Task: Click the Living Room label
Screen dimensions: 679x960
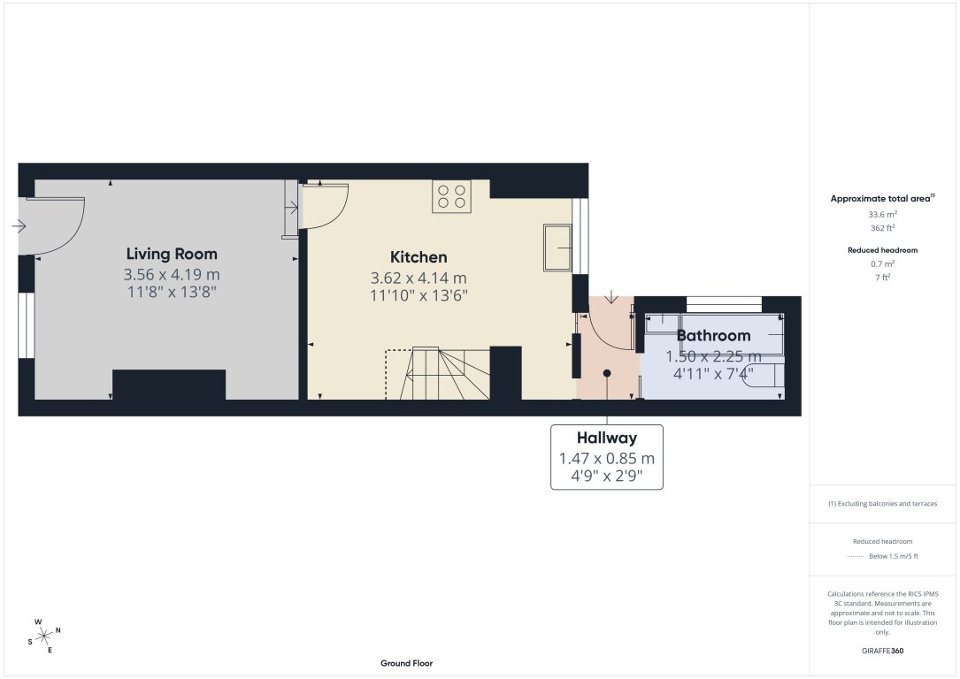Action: click(x=172, y=254)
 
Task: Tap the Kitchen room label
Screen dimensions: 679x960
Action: click(x=419, y=257)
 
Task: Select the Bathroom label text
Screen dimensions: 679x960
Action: click(x=713, y=335)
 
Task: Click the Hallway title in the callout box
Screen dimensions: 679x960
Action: click(x=606, y=438)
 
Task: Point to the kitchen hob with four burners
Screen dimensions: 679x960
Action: click(x=451, y=196)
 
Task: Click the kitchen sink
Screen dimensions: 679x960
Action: click(x=557, y=248)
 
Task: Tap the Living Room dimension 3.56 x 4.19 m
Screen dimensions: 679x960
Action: click(x=172, y=274)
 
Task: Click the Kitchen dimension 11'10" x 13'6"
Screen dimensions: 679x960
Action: click(x=419, y=295)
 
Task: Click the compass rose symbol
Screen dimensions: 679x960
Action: click(x=43, y=634)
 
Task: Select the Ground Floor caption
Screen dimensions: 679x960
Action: click(x=406, y=663)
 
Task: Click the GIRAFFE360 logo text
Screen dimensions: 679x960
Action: click(x=883, y=650)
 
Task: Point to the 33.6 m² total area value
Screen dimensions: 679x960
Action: click(x=883, y=215)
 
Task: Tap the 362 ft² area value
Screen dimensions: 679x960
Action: click(x=883, y=227)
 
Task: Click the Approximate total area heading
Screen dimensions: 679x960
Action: click(x=881, y=199)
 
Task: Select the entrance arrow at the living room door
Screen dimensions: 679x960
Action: click(x=19, y=227)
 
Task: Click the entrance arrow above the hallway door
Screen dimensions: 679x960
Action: click(x=611, y=297)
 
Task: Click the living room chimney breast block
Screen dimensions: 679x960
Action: click(x=169, y=385)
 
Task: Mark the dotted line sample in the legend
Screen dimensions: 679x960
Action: click(x=853, y=556)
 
